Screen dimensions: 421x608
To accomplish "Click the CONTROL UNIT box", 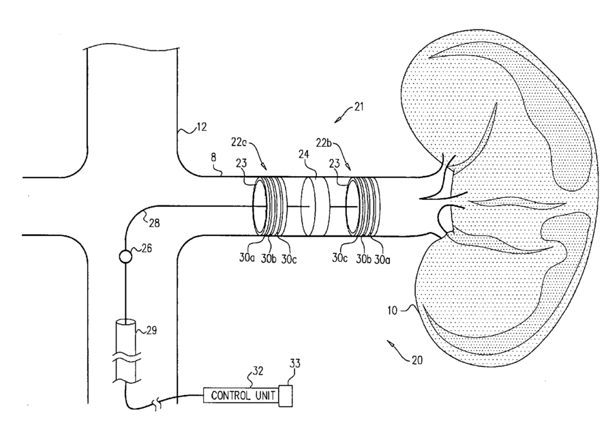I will click(x=240, y=394).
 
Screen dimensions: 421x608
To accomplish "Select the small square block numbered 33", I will click(x=286, y=394).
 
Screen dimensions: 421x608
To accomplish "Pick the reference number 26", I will click(x=145, y=249).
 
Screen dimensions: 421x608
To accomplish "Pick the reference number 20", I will click(x=416, y=360).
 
